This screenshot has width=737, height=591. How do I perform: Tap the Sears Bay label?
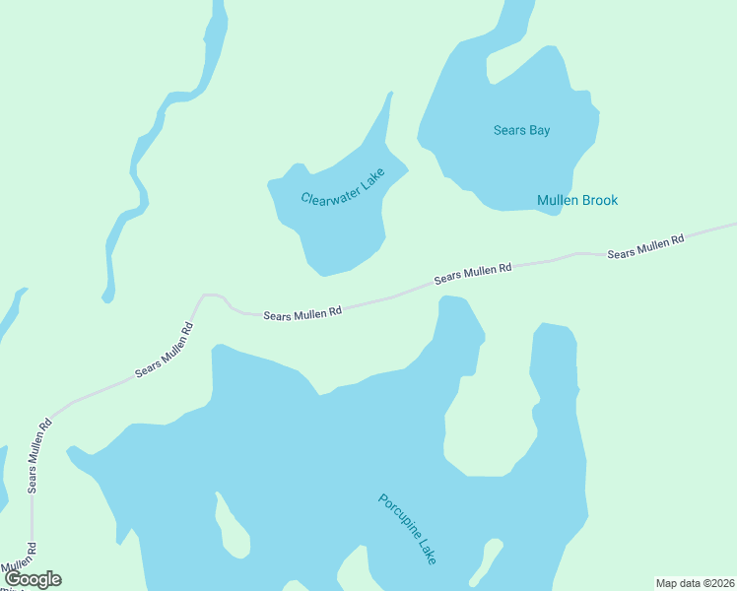521,130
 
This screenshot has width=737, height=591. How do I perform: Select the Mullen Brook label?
577,200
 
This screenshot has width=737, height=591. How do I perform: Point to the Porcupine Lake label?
407,529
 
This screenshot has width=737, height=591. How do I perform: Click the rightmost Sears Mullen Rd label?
645,247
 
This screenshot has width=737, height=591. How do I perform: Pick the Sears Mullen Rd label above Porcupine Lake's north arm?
473,275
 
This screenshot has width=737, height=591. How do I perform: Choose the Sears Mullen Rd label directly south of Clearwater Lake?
302,312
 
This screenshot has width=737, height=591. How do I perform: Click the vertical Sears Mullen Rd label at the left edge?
39,456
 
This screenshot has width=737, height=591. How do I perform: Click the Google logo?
32,579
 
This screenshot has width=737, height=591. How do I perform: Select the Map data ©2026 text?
695,583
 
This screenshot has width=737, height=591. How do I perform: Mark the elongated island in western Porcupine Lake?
233,527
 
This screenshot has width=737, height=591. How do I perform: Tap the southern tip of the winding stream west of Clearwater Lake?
107,295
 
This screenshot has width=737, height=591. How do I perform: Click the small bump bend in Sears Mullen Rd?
212,295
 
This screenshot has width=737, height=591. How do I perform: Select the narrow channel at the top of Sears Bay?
514,20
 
